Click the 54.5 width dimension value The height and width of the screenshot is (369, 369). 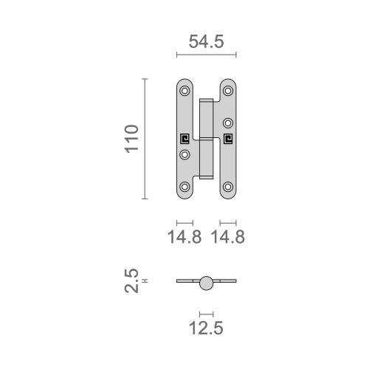click(x=207, y=42)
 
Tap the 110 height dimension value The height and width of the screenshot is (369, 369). click(x=131, y=139)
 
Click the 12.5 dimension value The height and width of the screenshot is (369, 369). click(x=207, y=325)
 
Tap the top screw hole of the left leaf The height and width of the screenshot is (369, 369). click(x=184, y=91)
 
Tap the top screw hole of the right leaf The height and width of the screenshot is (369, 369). click(x=228, y=91)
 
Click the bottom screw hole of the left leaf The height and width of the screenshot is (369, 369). click(x=184, y=186)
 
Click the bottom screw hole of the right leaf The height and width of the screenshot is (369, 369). click(x=228, y=186)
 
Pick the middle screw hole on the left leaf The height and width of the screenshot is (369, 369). click(x=184, y=154)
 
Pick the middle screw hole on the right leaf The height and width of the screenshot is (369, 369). click(x=228, y=123)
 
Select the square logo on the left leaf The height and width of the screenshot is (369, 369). click(x=184, y=138)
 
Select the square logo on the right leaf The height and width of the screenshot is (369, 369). click(x=228, y=138)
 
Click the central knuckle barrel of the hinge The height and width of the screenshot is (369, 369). click(x=206, y=138)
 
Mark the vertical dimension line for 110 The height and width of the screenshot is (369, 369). click(x=145, y=139)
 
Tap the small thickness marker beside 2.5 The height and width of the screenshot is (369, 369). click(x=145, y=280)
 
